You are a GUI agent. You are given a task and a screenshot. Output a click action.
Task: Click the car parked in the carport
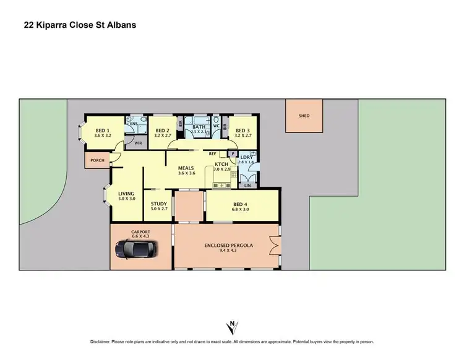pos(136,249)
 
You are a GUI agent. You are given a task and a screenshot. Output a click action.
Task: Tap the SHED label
pos(304,116)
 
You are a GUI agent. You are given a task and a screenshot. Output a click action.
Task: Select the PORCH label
pos(97,160)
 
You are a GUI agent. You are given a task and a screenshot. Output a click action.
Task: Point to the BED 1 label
pos(103,130)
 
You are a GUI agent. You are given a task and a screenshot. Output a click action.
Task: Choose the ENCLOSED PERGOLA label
pos(229,245)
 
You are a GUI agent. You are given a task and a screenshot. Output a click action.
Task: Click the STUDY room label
pos(159,202)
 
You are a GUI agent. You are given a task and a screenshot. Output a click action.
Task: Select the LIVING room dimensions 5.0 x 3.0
pos(126,199)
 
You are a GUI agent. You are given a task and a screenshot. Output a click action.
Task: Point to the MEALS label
pos(187,168)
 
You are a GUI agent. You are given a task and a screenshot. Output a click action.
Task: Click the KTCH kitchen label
pos(221,163)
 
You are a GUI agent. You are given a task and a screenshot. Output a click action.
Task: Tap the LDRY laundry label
pos(246,157)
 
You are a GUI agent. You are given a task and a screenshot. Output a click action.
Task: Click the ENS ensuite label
pos(134,124)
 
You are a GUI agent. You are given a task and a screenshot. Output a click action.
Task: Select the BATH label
pos(199,126)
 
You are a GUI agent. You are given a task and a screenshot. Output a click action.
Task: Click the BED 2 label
pos(163,130)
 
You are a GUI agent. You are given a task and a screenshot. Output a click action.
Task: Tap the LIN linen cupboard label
pos(247,185)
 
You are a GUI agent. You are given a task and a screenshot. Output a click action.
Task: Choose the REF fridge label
pos(212,153)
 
